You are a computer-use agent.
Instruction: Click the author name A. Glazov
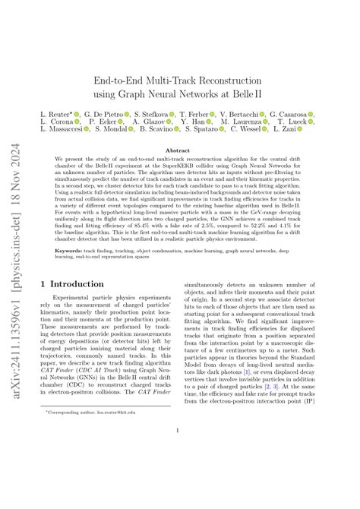pos(149,122)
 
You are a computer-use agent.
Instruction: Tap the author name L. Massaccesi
pos(63,130)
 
